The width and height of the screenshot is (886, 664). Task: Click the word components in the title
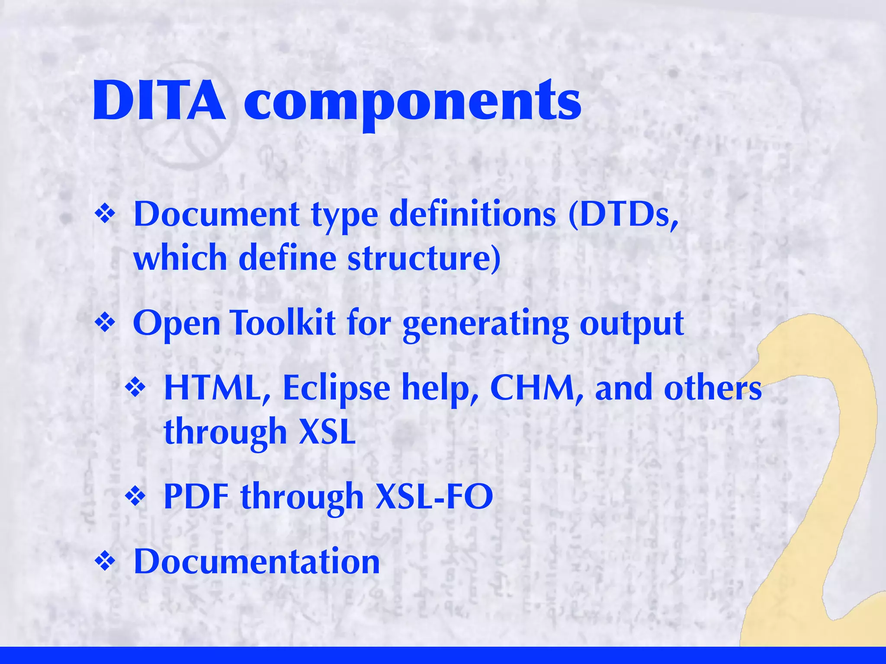(x=412, y=104)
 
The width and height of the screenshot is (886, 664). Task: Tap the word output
(x=631, y=325)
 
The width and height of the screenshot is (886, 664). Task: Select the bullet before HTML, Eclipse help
(x=136, y=388)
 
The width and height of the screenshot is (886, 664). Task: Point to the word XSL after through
(x=327, y=432)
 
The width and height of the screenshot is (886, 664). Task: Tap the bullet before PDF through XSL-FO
(x=136, y=497)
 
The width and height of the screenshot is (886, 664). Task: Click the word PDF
(x=196, y=497)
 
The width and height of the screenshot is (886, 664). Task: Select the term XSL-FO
(x=434, y=497)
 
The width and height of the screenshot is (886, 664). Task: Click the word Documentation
(x=257, y=562)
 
